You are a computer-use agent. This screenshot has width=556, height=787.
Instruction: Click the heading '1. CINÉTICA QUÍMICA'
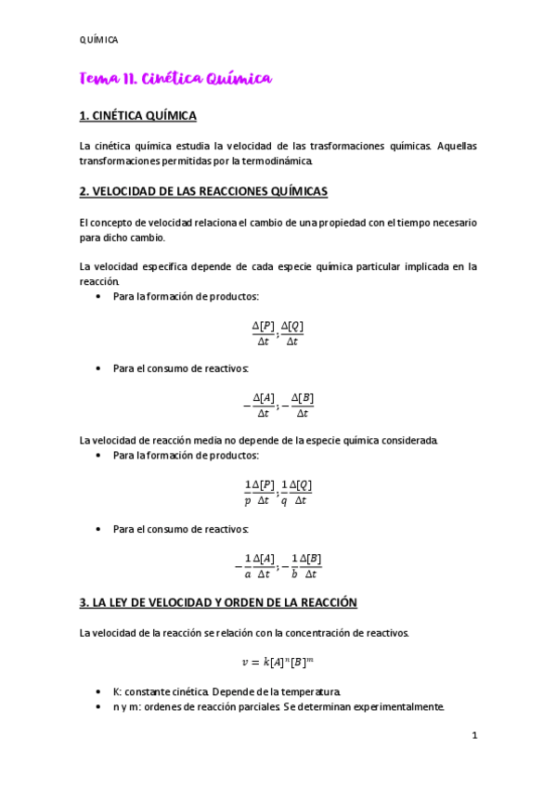click(137, 117)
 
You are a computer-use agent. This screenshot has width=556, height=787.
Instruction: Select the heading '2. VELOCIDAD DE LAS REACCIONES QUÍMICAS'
click(203, 192)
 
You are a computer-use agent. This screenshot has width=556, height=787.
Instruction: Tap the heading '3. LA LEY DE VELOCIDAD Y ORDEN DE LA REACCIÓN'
click(218, 602)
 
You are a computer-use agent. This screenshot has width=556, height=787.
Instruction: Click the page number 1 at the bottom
click(474, 736)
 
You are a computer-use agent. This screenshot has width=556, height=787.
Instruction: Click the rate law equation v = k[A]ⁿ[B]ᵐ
click(278, 662)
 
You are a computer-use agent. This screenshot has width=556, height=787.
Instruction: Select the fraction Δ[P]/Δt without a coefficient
click(264, 333)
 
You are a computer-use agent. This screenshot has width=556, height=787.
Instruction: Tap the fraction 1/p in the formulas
click(248, 493)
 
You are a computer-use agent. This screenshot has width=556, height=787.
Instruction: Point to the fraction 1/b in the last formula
click(294, 566)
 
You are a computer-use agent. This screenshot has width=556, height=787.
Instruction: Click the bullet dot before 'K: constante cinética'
click(99, 691)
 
